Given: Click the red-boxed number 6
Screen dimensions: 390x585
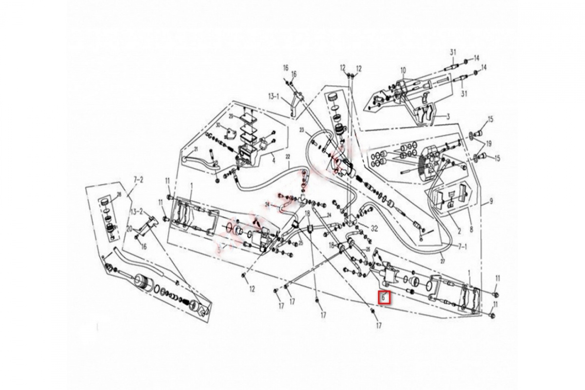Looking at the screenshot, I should pyautogui.click(x=384, y=296).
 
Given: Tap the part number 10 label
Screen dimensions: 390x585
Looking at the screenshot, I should pyautogui.click(x=403, y=70).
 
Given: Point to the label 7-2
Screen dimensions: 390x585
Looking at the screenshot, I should pyautogui.click(x=138, y=180).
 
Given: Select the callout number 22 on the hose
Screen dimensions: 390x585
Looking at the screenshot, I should pyautogui.click(x=288, y=156).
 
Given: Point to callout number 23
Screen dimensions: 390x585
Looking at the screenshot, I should pyautogui.click(x=302, y=130).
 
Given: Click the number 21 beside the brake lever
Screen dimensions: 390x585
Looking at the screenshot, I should pyautogui.click(x=196, y=149).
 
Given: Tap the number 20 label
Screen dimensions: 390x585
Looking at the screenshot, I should pyautogui.click(x=129, y=229).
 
